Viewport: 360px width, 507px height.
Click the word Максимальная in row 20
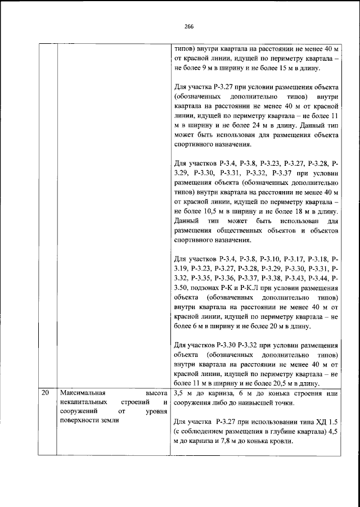[x=82, y=393]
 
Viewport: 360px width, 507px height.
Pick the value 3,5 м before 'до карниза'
[x=184, y=393]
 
